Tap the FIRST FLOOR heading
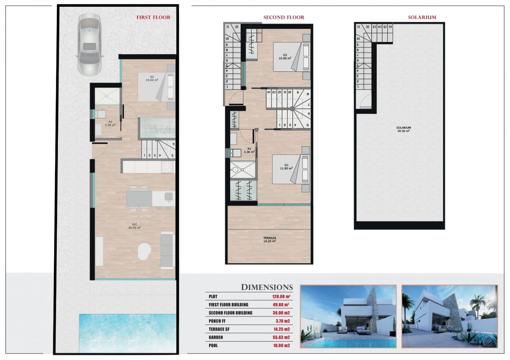click(153, 17)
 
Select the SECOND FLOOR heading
click(283, 17)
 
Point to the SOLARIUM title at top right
click(422, 17)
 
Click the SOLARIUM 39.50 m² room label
click(404, 129)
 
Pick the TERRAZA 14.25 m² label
click(270, 240)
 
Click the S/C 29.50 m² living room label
click(134, 226)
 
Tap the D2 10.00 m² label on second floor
click(285, 57)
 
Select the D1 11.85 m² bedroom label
click(286, 167)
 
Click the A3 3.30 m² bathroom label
click(110, 123)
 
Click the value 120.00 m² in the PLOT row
click(281, 297)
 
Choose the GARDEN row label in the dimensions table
click(216, 337)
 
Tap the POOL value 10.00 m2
click(282, 345)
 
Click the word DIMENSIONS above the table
click(267, 287)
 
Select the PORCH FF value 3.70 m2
click(283, 321)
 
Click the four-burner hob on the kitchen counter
click(167, 167)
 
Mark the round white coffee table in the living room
click(144, 251)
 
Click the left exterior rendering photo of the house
click(348, 316)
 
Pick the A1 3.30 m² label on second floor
click(249, 150)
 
